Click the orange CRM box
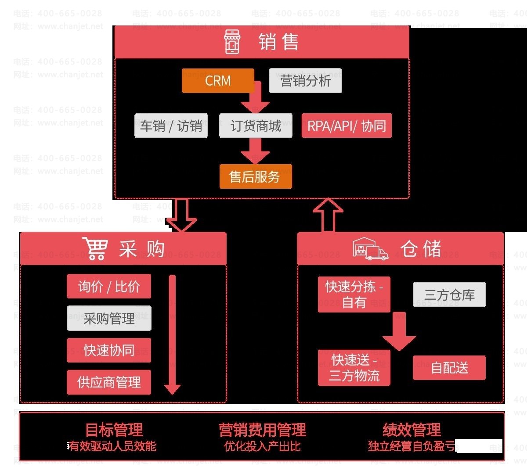(x=218, y=81)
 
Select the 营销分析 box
(x=305, y=81)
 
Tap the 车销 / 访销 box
(x=171, y=126)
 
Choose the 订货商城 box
(x=256, y=126)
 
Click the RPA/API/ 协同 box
(x=346, y=126)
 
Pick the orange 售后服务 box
(x=255, y=176)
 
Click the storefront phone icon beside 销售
(x=232, y=42)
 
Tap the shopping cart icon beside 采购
(x=95, y=249)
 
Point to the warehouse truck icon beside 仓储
(x=370, y=249)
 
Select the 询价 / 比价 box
(x=109, y=286)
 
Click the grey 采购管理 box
(x=109, y=318)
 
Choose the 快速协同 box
(x=109, y=350)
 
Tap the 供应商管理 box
(x=109, y=382)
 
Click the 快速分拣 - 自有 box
(x=354, y=294)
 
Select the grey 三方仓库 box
(x=449, y=294)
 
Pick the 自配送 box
(x=449, y=367)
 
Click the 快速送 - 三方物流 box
(x=354, y=367)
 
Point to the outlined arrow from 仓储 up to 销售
(x=328, y=215)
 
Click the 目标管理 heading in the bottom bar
(x=114, y=429)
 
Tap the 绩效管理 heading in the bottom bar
(x=411, y=429)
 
